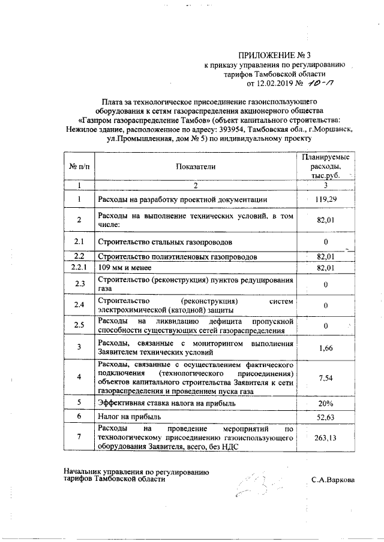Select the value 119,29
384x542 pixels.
click(325, 198)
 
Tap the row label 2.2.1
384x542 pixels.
click(79, 267)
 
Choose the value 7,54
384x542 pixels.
click(325, 377)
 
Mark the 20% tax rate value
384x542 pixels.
click(325, 403)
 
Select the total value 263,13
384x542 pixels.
click(325, 438)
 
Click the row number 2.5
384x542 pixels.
click(79, 325)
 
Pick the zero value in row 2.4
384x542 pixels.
click(325, 305)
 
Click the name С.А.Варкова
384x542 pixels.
click(332, 480)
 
